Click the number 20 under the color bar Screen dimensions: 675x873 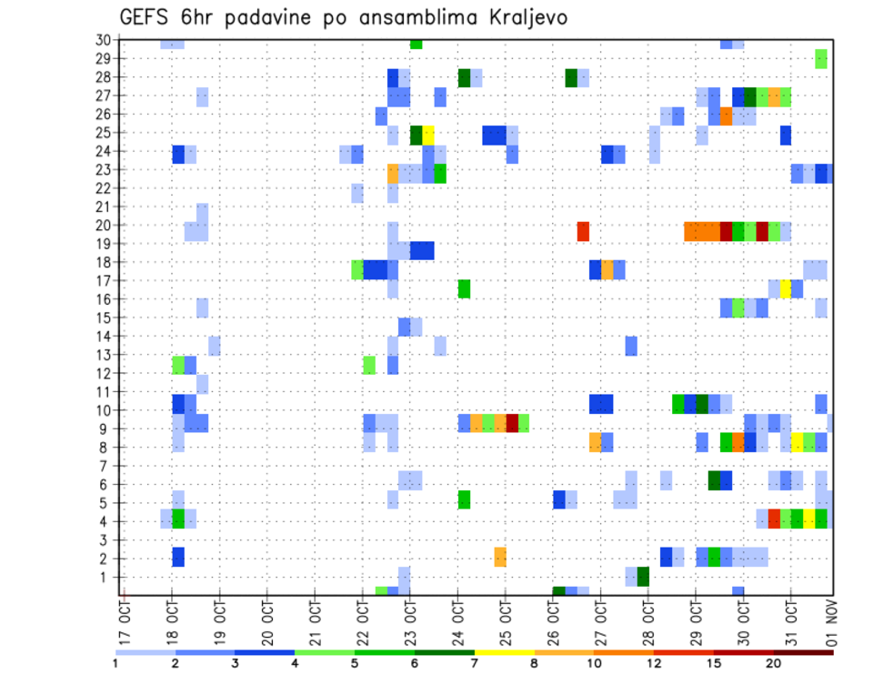click(x=774, y=663)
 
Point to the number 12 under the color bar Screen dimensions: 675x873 click(x=654, y=663)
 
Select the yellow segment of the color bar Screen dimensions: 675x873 click(x=505, y=651)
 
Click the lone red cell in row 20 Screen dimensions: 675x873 click(x=583, y=231)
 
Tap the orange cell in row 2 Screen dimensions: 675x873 click(x=500, y=556)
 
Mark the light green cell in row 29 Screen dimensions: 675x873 click(x=821, y=58)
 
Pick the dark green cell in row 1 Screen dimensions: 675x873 click(x=643, y=577)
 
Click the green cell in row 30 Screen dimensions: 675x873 click(x=416, y=44)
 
